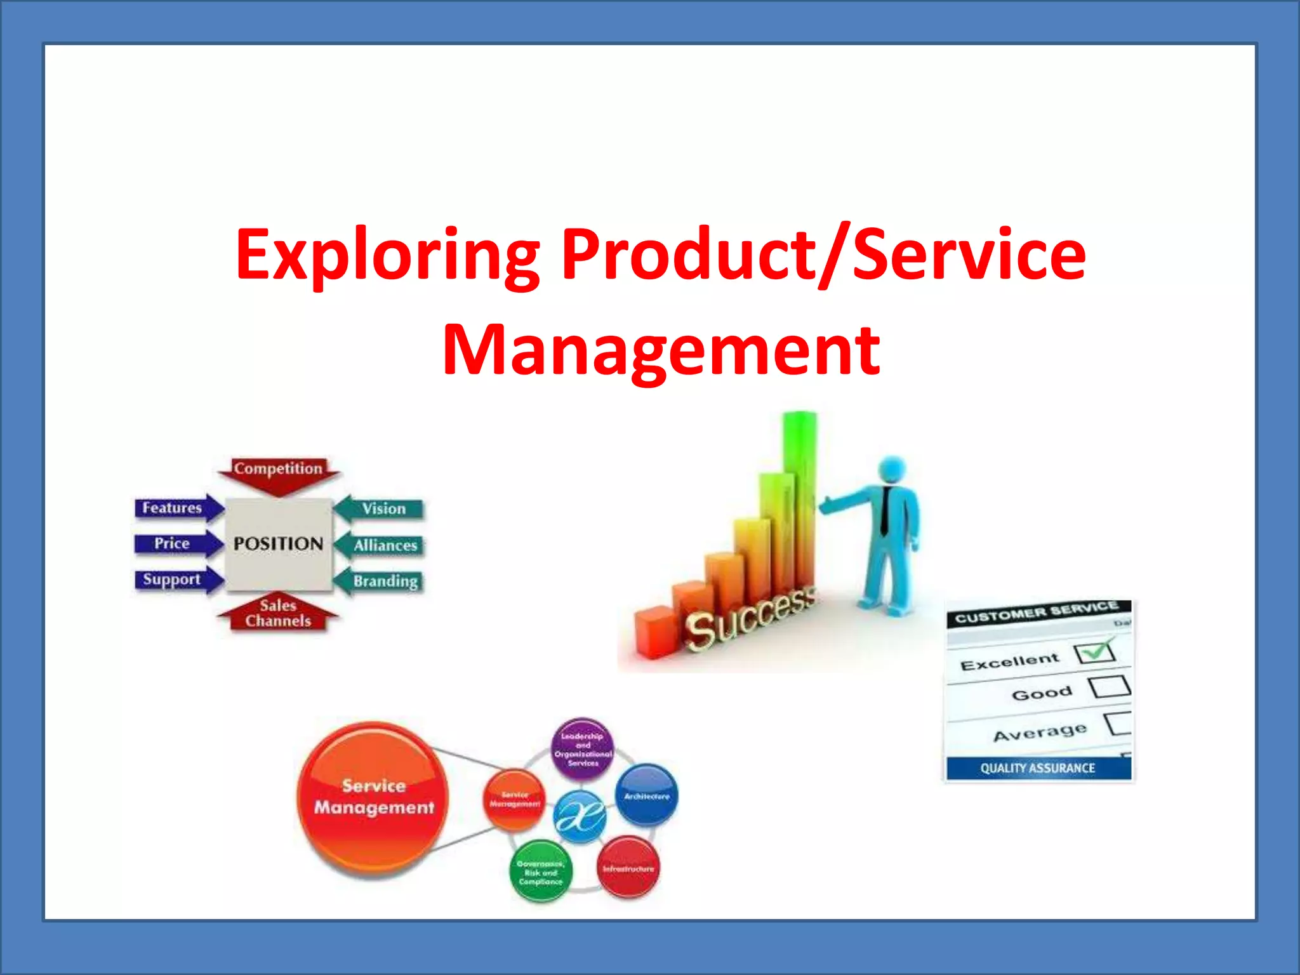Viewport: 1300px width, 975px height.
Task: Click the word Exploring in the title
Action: point(387,255)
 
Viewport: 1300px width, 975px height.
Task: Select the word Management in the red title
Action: point(661,350)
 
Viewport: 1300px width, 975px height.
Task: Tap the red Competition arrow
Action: point(278,473)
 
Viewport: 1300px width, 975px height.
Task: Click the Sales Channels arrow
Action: point(278,614)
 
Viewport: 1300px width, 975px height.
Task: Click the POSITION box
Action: point(279,544)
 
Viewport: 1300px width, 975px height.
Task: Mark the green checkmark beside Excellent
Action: point(1096,651)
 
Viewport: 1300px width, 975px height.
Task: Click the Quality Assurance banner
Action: point(1038,768)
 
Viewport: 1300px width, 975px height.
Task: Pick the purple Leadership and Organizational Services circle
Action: point(583,749)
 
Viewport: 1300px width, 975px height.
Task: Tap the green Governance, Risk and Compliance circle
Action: point(540,872)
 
